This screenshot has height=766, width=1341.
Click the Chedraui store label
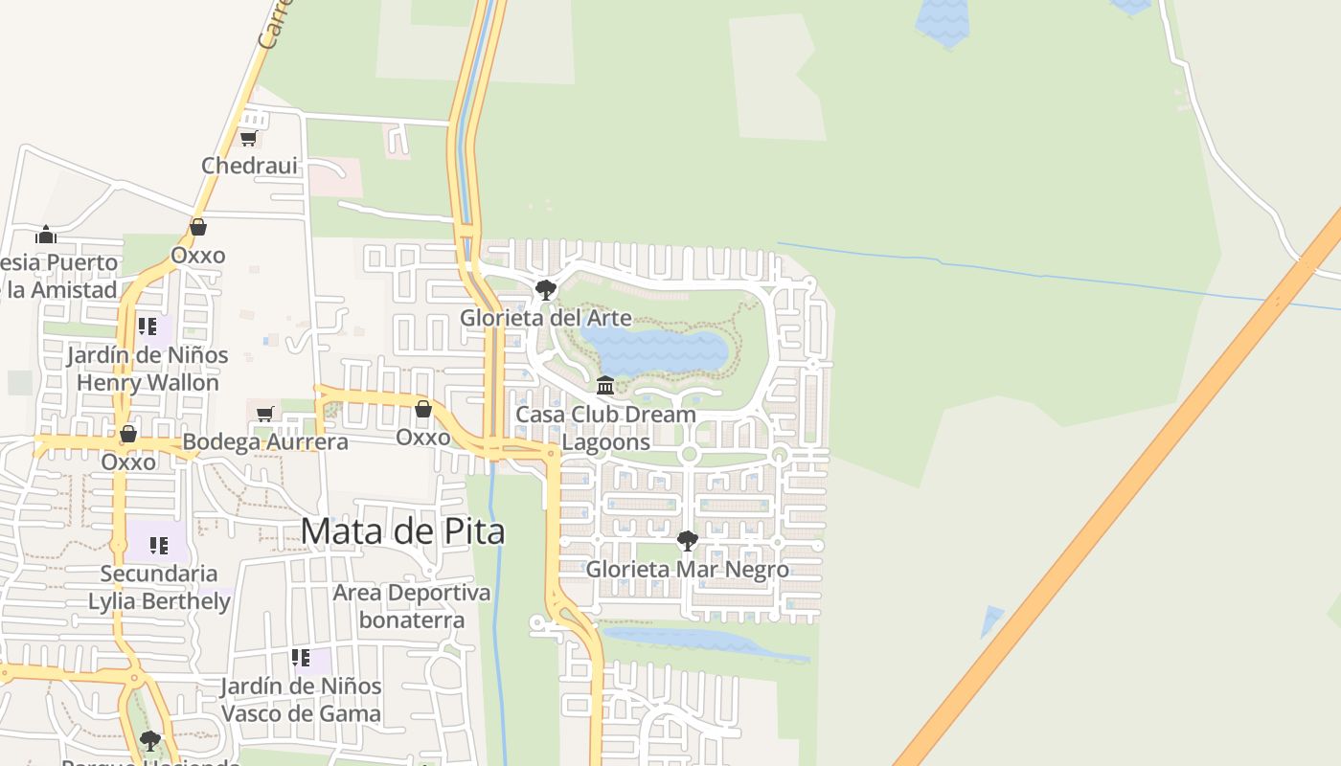click(249, 166)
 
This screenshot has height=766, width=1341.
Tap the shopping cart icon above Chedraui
click(248, 138)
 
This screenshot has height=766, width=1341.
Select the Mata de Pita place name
click(402, 530)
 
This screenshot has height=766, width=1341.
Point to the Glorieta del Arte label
click(545, 317)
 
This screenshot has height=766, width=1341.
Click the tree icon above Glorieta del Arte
click(545, 289)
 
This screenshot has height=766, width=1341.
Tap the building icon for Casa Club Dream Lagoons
click(605, 386)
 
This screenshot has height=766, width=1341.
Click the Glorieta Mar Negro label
click(687, 569)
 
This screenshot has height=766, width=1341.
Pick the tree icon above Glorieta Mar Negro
click(687, 541)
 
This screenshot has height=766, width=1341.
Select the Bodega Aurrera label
click(265, 441)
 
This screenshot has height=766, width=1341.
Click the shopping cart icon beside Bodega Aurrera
click(265, 414)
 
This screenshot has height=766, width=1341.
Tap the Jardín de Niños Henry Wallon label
click(148, 369)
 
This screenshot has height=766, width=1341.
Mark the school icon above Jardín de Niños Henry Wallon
click(148, 327)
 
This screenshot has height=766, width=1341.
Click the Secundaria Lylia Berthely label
click(159, 587)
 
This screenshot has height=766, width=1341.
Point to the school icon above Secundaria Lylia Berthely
click(159, 546)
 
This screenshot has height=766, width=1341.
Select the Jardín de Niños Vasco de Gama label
click(301, 700)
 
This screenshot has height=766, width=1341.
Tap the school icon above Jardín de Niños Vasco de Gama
click(301, 658)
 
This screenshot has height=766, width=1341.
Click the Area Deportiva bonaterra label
click(411, 606)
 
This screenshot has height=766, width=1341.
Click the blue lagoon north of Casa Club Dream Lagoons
click(656, 351)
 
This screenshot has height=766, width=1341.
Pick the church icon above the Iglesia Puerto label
click(46, 235)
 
